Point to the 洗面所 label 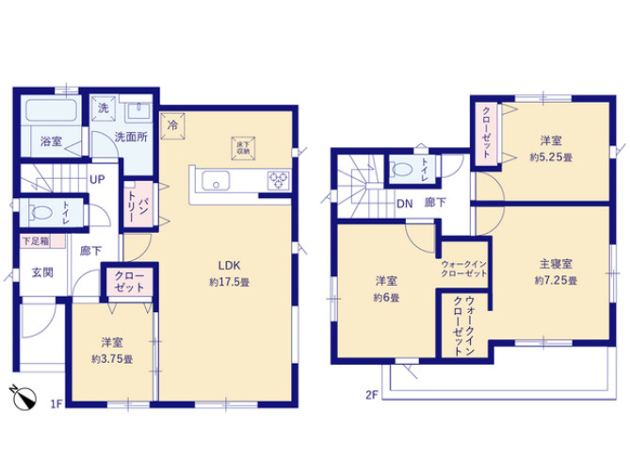[x=130, y=137]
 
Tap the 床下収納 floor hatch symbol [x=242, y=146]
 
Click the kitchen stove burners [x=280, y=179]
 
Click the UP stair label [x=96, y=179]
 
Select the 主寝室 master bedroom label [x=555, y=265]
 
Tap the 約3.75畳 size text [x=112, y=358]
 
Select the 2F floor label [x=371, y=396]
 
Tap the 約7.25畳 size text [x=555, y=281]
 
